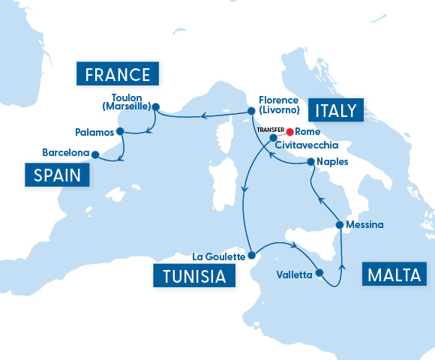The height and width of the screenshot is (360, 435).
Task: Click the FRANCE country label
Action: (x=118, y=74)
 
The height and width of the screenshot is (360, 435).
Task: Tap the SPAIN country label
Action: (x=57, y=175)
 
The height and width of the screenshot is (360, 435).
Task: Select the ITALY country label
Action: (x=337, y=111)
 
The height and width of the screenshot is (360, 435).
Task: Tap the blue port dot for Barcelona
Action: (x=95, y=154)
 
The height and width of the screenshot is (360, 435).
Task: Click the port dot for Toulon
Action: (x=155, y=106)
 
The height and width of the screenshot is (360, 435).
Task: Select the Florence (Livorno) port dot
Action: (x=251, y=112)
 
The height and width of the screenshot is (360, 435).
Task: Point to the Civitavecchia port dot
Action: (x=273, y=137)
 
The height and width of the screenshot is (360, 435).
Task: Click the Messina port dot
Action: (x=340, y=224)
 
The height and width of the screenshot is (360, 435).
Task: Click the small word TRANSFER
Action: (x=270, y=129)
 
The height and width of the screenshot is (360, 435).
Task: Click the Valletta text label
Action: (x=294, y=275)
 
